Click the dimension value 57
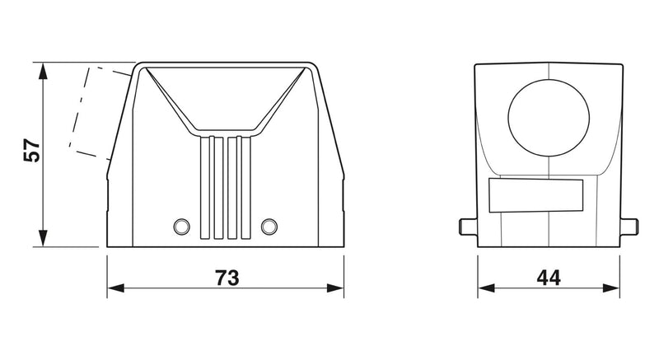click(x=32, y=150)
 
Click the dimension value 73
click(x=227, y=278)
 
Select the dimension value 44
click(x=549, y=278)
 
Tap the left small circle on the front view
click(x=181, y=227)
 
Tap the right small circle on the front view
click(x=269, y=227)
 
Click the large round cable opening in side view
click(x=549, y=118)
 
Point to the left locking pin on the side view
click(x=468, y=227)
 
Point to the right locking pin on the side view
click(x=629, y=227)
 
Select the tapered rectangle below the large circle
click(x=536, y=195)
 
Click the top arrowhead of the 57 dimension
click(x=43, y=72)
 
